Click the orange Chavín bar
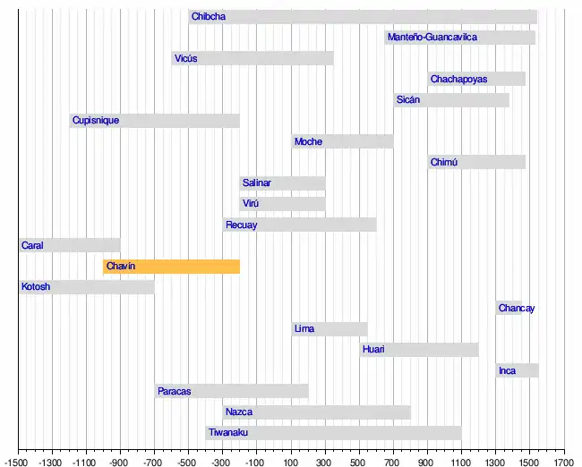click(x=171, y=266)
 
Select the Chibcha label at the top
click(x=209, y=16)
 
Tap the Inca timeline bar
click(x=517, y=370)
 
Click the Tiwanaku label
click(x=228, y=433)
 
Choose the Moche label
click(x=308, y=141)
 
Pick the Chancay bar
click(x=509, y=308)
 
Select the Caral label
click(x=33, y=245)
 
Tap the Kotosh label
click(x=36, y=287)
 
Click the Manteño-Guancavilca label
click(x=432, y=38)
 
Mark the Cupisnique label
click(x=96, y=121)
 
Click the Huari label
click(x=374, y=350)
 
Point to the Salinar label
click(x=257, y=183)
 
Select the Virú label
click(x=252, y=204)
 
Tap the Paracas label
click(x=174, y=391)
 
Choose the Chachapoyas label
click(x=458, y=80)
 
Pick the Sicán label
click(x=408, y=100)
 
